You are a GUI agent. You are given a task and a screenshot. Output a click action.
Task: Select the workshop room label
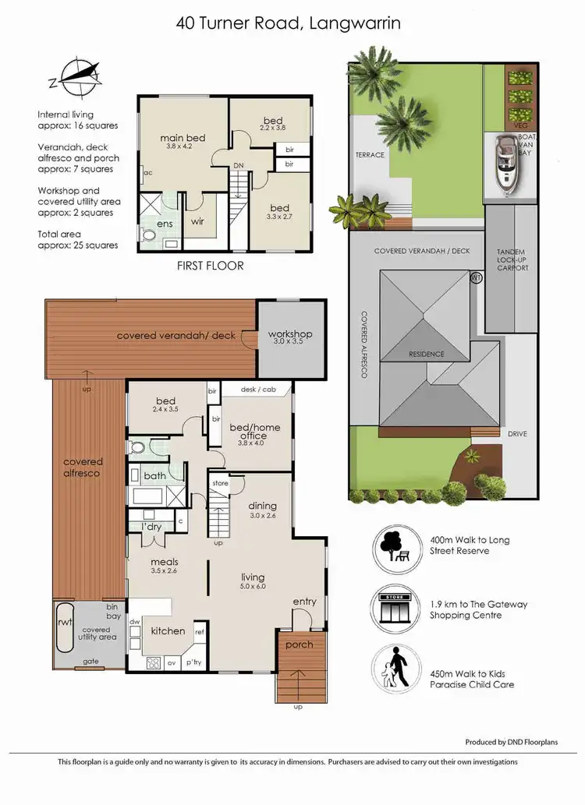290,334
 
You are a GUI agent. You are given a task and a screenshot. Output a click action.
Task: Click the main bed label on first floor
183,138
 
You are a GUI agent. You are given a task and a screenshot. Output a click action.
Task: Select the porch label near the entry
300,644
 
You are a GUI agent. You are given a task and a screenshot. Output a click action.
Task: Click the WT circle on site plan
477,277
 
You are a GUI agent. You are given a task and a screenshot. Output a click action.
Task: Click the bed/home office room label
249,431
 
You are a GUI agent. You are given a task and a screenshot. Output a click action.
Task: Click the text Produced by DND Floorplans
511,742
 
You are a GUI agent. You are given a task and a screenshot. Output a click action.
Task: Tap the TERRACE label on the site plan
370,154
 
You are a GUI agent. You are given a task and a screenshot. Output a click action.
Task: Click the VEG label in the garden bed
521,125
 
